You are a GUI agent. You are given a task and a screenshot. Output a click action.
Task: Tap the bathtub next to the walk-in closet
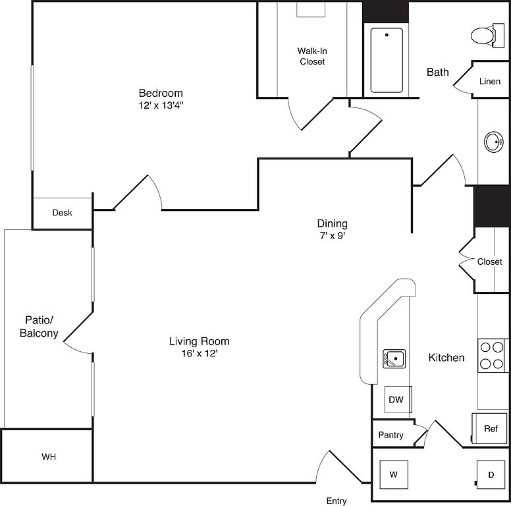(x=387, y=61)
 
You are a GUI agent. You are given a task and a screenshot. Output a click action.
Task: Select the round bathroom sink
(x=493, y=142)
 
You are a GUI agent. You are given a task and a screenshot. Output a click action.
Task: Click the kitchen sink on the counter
(x=394, y=358)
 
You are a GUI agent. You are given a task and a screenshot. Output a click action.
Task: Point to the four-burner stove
(x=492, y=355)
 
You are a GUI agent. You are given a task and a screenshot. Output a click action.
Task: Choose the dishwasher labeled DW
(x=398, y=399)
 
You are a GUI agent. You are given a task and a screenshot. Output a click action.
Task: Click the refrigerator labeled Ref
(x=489, y=428)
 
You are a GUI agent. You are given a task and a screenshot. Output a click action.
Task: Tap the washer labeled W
(x=394, y=474)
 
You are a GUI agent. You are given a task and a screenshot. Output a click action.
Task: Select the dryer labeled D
(x=491, y=474)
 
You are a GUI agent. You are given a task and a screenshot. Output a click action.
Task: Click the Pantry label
(x=390, y=435)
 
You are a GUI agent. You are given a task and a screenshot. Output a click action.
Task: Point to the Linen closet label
(x=490, y=81)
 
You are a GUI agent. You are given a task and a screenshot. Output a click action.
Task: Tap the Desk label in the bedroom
(x=63, y=213)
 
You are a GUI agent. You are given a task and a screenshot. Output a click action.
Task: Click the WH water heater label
(x=49, y=457)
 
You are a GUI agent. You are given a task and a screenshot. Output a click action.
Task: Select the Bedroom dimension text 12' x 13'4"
(x=161, y=105)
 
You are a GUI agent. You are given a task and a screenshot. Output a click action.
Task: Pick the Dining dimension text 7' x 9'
(x=333, y=235)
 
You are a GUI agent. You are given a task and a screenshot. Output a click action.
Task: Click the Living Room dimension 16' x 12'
(x=200, y=353)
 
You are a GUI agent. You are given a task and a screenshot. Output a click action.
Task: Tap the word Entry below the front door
(x=336, y=501)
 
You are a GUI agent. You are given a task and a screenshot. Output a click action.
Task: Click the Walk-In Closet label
(x=312, y=56)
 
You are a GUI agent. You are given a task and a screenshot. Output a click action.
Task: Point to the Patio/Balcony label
(x=39, y=326)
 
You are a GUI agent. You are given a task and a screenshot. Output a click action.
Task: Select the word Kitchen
(x=446, y=358)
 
